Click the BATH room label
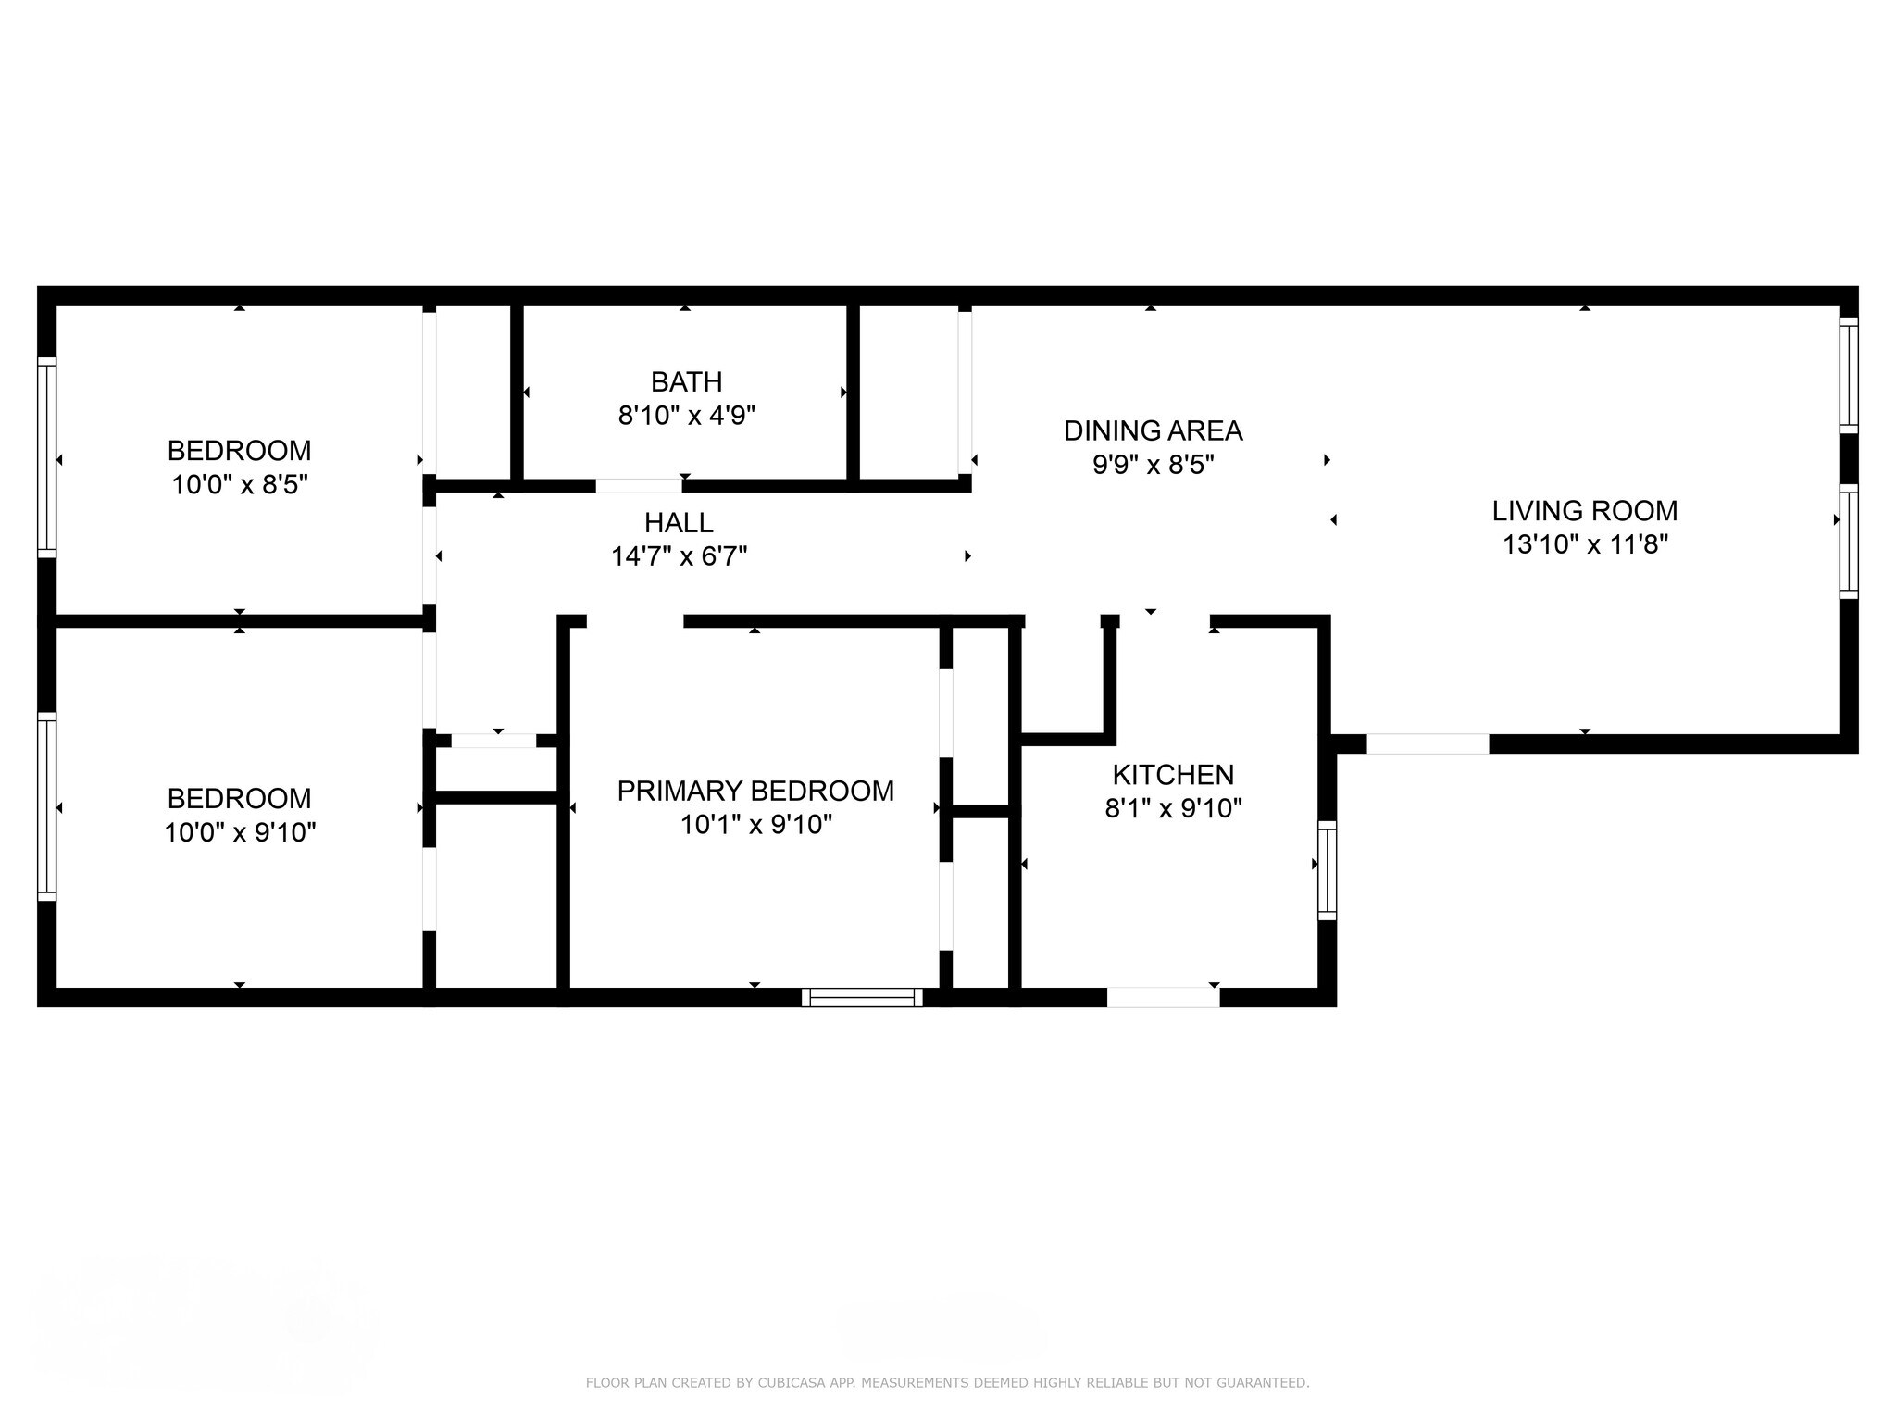tap(686, 381)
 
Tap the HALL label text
tap(679, 523)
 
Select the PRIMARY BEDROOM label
tap(755, 791)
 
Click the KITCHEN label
tap(1173, 774)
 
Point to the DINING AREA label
tap(1153, 430)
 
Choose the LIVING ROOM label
tap(1585, 510)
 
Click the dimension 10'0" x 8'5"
tap(240, 484)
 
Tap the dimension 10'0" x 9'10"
tap(240, 832)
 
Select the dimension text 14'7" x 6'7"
tap(680, 556)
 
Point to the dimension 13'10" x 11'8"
tap(1585, 544)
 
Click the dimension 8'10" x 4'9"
tap(687, 415)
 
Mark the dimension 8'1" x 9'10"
tap(1173, 808)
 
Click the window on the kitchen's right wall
tap(1327, 870)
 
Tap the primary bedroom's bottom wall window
tap(862, 997)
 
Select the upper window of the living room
tap(1849, 375)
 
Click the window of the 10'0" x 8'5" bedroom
tap(46, 458)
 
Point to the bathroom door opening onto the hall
tap(639, 485)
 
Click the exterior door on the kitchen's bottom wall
tap(1163, 997)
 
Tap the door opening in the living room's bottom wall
tap(1428, 743)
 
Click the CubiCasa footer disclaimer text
tap(947, 1383)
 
